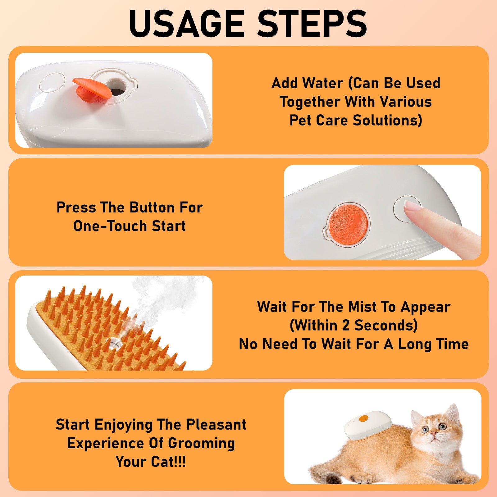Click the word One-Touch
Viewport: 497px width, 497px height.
(111, 226)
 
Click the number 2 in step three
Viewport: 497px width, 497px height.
(345, 326)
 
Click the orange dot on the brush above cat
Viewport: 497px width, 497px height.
(363, 419)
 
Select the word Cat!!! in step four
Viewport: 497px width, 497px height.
(168, 462)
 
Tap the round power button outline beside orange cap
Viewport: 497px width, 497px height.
(52, 83)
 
